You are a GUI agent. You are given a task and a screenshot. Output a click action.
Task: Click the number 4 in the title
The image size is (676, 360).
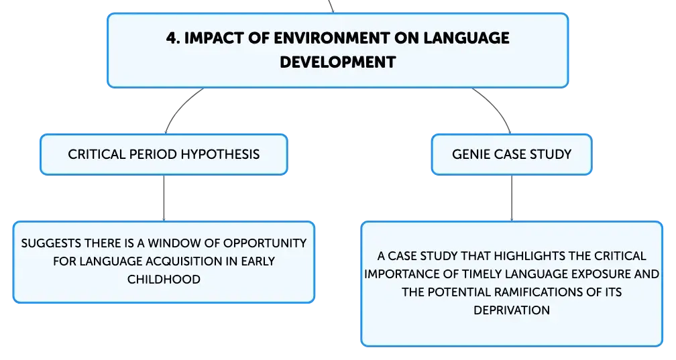(x=171, y=38)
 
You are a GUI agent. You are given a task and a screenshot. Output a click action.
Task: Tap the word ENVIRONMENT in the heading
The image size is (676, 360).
(x=331, y=38)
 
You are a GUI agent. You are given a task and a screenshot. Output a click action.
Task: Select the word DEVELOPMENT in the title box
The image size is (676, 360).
(x=337, y=62)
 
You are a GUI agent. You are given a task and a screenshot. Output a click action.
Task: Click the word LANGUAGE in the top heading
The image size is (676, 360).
(x=466, y=38)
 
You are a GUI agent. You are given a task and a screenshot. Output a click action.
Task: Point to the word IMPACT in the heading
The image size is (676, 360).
(x=214, y=38)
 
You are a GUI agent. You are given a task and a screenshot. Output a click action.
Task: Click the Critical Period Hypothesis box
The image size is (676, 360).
(x=164, y=154)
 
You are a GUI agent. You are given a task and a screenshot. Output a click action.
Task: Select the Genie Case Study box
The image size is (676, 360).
(x=512, y=154)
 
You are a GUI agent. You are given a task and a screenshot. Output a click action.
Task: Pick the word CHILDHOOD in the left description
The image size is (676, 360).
(x=164, y=280)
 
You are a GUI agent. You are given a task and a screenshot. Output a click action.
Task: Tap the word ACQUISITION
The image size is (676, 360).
(x=181, y=261)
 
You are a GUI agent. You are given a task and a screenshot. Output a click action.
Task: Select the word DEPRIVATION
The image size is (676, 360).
(x=512, y=310)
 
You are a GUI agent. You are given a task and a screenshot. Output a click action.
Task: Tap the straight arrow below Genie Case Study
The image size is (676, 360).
(x=512, y=198)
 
